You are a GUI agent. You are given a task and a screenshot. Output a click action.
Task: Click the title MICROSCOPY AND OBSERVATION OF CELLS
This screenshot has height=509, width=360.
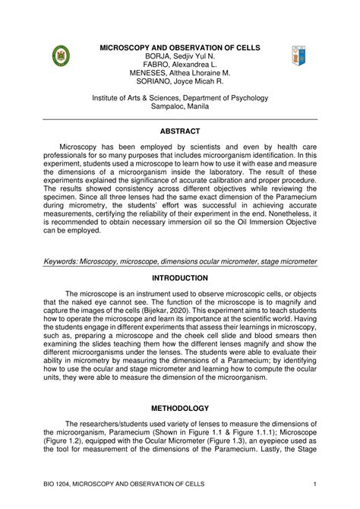pyautogui.click(x=180, y=48)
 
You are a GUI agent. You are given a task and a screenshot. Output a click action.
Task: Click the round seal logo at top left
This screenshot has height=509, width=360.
pyautogui.click(x=61, y=56)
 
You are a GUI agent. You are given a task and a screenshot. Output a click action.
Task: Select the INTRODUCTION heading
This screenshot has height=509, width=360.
pyautogui.click(x=180, y=278)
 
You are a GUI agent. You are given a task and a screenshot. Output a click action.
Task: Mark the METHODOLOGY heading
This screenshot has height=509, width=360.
pyautogui.click(x=180, y=408)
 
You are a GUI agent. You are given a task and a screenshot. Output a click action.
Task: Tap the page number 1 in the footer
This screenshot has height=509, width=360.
pyautogui.click(x=314, y=485)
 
